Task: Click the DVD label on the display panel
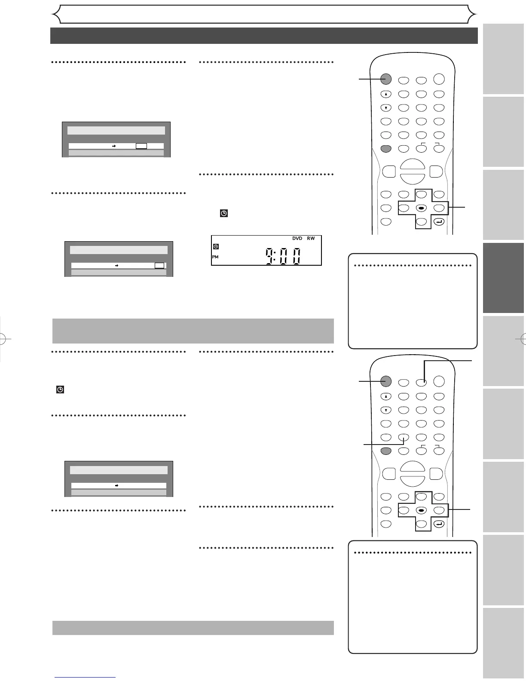coord(297,239)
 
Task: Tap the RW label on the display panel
coord(311,239)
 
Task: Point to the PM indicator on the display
coord(215,257)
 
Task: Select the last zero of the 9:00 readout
coord(296,257)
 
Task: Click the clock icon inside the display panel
coord(216,247)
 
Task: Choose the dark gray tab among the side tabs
coord(503,278)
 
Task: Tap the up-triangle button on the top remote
coord(386,94)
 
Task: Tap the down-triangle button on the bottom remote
coord(386,410)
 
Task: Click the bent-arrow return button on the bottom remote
coord(439,524)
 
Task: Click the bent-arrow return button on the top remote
coord(439,222)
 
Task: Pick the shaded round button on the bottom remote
coord(386,381)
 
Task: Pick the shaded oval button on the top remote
coord(386,149)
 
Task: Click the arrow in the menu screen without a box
coord(116,485)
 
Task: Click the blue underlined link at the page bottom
coord(85,678)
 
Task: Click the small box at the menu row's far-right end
coord(159,266)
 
